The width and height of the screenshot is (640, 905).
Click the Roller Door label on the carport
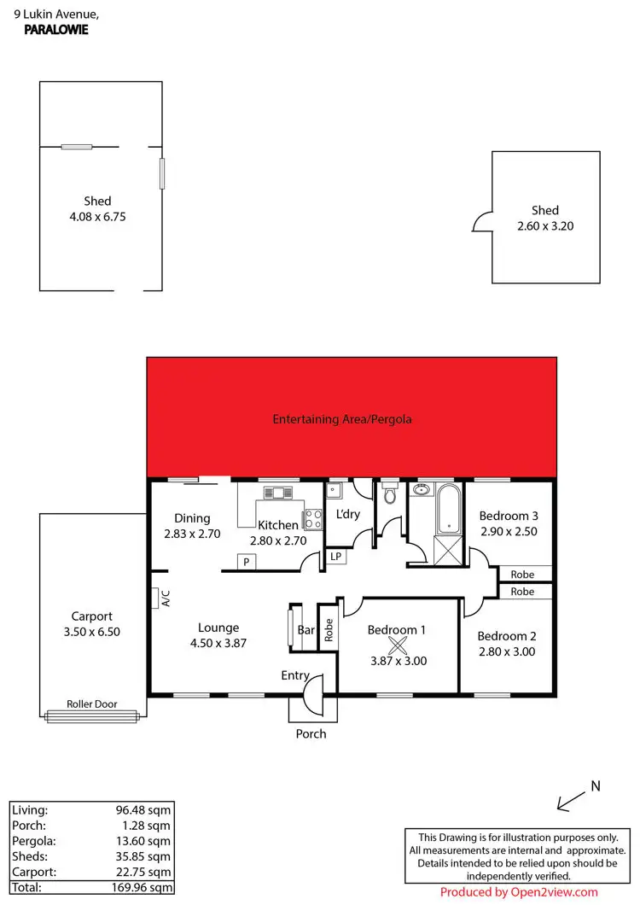coord(92,704)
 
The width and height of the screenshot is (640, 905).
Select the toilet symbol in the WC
coord(390,494)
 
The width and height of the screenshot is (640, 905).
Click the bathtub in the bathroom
coord(448,508)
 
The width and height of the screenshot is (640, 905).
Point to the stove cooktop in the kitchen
coord(312,519)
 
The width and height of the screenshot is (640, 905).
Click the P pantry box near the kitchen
coord(247,562)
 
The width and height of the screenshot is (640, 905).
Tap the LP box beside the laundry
coord(336,558)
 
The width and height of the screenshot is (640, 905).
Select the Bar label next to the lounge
coord(305,631)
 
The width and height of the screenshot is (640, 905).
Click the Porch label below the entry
coord(311,733)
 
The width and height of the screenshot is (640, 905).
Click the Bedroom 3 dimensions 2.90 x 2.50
coord(509,532)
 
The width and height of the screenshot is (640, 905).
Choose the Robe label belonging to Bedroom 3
coord(522,574)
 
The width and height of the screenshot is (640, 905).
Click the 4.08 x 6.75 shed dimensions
coord(98,217)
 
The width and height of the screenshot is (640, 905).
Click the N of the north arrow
coord(596,785)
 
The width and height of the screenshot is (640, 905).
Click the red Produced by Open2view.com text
coord(519,892)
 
